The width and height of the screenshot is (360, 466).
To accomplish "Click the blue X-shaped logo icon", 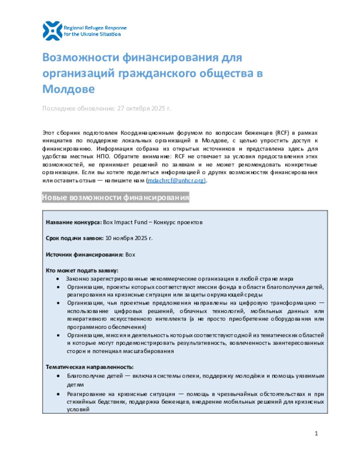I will pos(52,31).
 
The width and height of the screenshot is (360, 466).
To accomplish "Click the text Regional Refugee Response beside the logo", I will pos(95,28).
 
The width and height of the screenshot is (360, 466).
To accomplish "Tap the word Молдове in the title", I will pos(69,89).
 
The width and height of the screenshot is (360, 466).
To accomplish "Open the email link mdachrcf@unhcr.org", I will pos(176,180).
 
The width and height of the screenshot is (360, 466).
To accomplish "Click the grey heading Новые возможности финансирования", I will pos(115,198).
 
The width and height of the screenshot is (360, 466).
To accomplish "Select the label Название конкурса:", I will pos(74,222).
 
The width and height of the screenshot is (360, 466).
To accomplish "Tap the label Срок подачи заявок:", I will pos(75,238).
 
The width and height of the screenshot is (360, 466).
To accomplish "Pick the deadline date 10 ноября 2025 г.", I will pos(129,238).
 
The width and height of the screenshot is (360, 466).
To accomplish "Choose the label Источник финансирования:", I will pos(84,255).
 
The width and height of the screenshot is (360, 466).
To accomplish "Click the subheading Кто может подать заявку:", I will pos(82,270).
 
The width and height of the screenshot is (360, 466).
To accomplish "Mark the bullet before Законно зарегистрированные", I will pos(58,279).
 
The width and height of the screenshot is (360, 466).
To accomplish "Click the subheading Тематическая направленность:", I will pos(89,367).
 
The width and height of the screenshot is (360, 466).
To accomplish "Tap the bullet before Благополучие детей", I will pos(58,376).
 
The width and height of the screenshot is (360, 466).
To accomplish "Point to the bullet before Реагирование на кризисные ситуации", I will pos(58,394).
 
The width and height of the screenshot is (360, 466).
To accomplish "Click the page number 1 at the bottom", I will pos(316,433).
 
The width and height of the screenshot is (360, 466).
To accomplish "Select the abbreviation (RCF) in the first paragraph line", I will pos(282,133).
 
